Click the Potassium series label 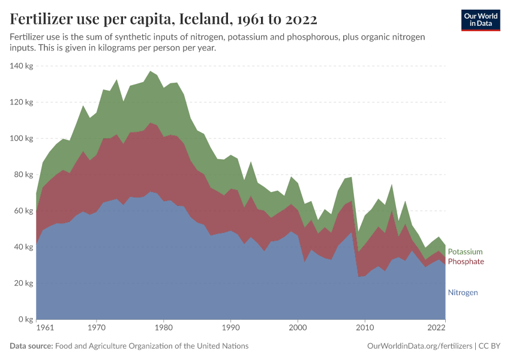(465, 252)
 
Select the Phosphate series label (466, 262)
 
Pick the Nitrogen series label (463, 293)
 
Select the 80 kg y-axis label (22, 175)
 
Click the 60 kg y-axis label (22, 211)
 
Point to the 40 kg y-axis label (22, 247)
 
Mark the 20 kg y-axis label (22, 283)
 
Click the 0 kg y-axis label (25, 320)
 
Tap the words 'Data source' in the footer (31, 346)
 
